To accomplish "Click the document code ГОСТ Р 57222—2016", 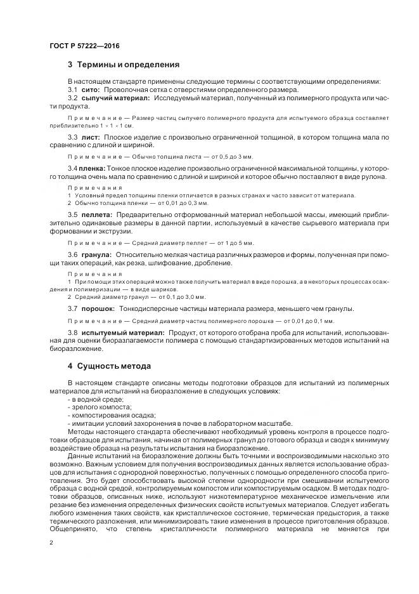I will pyautogui.click(x=84, y=46).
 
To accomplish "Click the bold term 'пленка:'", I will pyautogui.click(x=93, y=168).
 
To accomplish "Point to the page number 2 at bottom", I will pyautogui.click(x=51, y=543).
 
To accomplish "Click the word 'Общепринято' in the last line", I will pyautogui.click(x=72, y=528).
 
